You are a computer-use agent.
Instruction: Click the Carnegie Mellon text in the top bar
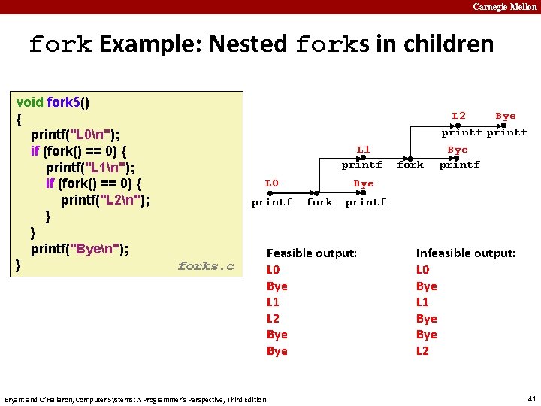click(505, 7)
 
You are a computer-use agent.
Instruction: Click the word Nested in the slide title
click(247, 44)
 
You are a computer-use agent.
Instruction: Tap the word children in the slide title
click(448, 44)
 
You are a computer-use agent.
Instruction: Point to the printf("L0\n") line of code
click(74, 135)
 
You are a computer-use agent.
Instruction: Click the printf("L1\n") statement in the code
click(90, 167)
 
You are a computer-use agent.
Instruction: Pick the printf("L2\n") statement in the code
click(105, 200)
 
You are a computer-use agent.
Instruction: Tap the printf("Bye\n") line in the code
click(79, 249)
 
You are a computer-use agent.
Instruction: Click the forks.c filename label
click(206, 266)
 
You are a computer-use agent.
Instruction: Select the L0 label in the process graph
click(271, 183)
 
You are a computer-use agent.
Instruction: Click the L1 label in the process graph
click(363, 150)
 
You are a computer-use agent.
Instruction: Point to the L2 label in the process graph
click(458, 115)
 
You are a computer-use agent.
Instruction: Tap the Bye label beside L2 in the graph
click(506, 116)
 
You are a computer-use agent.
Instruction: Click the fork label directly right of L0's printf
click(319, 202)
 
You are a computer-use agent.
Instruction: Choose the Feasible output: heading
click(311, 253)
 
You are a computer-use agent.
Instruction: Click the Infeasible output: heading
click(465, 253)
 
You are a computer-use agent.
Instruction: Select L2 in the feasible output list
click(273, 319)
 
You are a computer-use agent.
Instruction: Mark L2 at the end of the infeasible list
click(422, 351)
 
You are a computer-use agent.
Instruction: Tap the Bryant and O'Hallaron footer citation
click(135, 399)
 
